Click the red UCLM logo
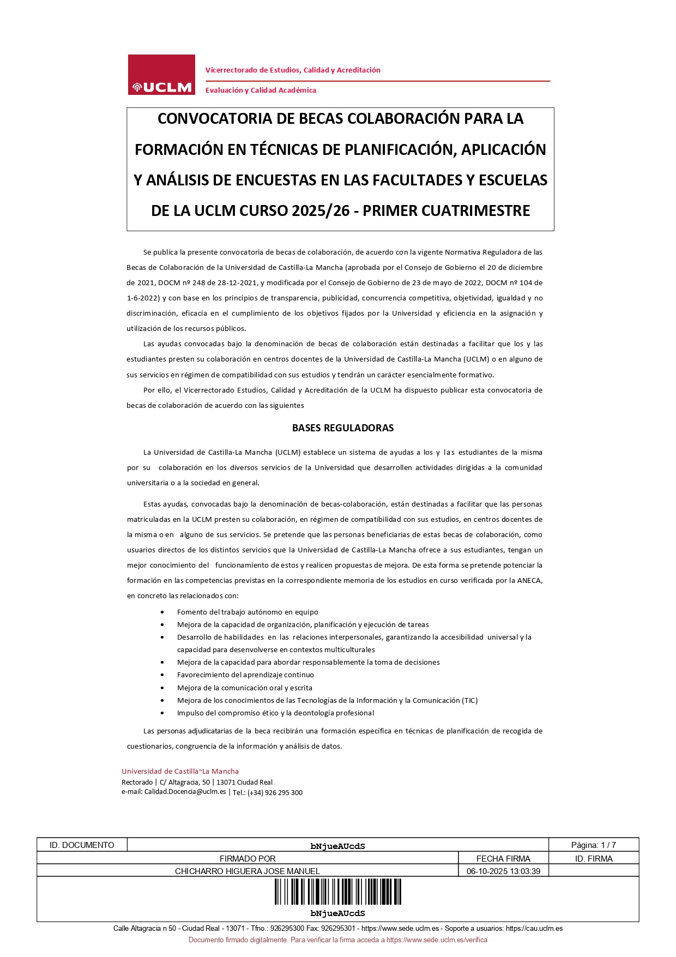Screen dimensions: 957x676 point(161,75)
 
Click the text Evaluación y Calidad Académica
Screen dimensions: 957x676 point(261,91)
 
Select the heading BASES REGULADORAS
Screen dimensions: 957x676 point(343,428)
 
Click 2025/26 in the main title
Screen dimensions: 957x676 point(321,211)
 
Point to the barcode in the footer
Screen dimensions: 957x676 point(338,892)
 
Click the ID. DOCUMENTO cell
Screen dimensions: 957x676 point(82,845)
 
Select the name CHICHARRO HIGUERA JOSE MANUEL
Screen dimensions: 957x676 point(248,871)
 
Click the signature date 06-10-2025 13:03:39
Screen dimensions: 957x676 point(503,871)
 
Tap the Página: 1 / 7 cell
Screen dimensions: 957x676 point(593,845)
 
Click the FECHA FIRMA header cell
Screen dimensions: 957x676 point(503,859)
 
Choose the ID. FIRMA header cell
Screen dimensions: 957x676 point(594,859)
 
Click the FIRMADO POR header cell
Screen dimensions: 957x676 point(248,859)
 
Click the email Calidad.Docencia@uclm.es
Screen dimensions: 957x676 point(185,792)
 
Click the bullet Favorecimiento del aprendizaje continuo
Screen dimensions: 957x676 point(245,675)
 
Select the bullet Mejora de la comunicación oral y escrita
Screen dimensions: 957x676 point(245,688)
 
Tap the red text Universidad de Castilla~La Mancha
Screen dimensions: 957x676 point(180,772)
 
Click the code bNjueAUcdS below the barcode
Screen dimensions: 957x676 point(337,913)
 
